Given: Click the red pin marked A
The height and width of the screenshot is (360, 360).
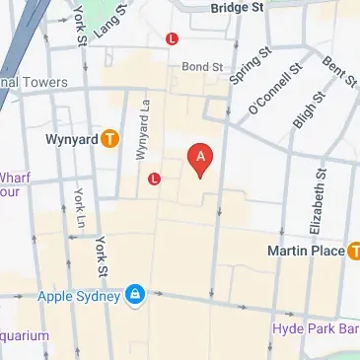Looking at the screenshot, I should (x=200, y=158).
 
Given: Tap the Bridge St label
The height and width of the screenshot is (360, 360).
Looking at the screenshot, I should (x=238, y=7).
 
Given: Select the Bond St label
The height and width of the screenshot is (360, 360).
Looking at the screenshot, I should (x=203, y=66).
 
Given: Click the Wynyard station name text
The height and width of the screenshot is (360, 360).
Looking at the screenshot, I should (x=69, y=140).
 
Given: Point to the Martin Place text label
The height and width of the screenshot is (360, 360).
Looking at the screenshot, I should (x=305, y=252).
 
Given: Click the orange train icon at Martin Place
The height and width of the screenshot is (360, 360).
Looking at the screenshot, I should (x=351, y=251).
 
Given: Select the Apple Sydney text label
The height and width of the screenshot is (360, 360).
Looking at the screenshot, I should (x=78, y=295).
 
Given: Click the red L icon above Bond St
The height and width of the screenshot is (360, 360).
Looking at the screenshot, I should (x=173, y=39).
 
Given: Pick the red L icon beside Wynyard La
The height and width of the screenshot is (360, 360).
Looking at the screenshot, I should (x=154, y=179).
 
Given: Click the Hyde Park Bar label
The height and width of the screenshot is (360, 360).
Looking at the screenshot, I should (x=316, y=326).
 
